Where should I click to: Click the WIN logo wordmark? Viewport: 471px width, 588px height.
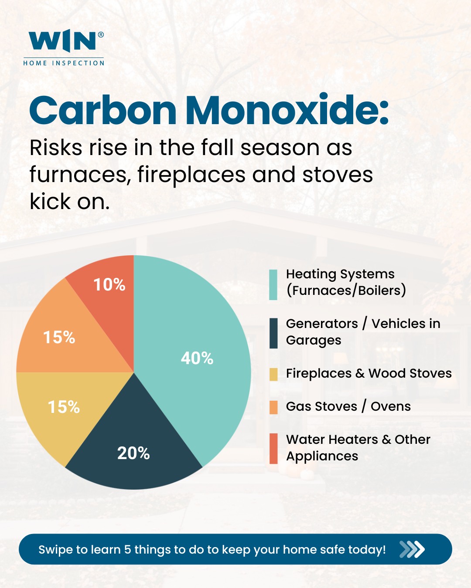[x=62, y=41]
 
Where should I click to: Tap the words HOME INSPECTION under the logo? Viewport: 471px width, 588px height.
[x=64, y=63]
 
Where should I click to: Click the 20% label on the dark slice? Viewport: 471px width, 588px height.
[x=133, y=453]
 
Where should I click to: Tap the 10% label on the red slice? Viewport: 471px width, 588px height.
[x=109, y=284]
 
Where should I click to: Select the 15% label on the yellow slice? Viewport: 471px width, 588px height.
[x=64, y=407]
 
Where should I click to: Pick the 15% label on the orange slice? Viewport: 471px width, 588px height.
[x=59, y=337]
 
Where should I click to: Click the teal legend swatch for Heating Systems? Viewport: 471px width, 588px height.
[x=273, y=285]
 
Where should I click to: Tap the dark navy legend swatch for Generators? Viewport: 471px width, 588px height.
[x=273, y=333]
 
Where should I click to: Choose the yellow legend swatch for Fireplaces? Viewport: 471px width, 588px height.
[x=273, y=374]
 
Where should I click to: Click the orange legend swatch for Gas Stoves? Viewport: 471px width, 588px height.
[x=273, y=407]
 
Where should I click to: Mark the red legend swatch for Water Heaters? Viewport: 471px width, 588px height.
[x=273, y=448]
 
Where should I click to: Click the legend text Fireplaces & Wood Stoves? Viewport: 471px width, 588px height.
[x=369, y=373]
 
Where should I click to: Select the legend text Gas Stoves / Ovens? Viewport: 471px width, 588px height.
[x=348, y=406]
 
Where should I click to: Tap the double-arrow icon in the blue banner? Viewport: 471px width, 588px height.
[x=412, y=549]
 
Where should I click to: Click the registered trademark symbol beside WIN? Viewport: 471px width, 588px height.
[x=101, y=35]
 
